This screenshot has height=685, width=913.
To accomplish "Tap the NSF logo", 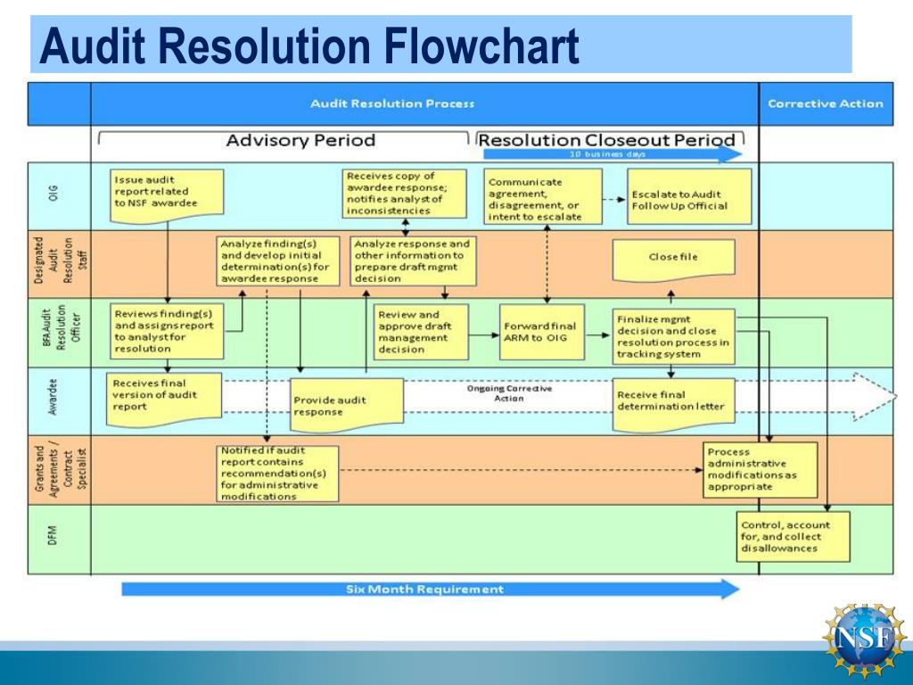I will [862, 637].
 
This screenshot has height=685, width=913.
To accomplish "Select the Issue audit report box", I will [167, 191].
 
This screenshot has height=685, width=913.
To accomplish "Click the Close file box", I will [673, 258].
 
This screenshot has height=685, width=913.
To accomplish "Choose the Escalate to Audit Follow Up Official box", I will [688, 198].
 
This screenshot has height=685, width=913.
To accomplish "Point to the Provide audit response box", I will [346, 406].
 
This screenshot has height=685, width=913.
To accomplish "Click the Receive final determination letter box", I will [673, 402].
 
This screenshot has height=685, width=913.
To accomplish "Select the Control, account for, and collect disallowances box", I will [793, 537].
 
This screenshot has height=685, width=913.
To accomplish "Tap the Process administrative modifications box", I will [759, 469].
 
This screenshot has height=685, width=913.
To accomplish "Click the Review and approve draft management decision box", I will [421, 332].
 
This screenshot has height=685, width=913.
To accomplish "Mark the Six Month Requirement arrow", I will [429, 590].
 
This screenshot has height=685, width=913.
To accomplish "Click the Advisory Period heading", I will [300, 140].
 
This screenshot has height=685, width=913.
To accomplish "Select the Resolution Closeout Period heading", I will [606, 140].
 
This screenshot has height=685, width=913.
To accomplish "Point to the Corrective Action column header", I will [825, 103].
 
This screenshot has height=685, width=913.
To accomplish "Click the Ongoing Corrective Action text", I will [509, 393].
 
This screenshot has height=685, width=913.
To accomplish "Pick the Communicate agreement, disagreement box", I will [532, 198].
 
